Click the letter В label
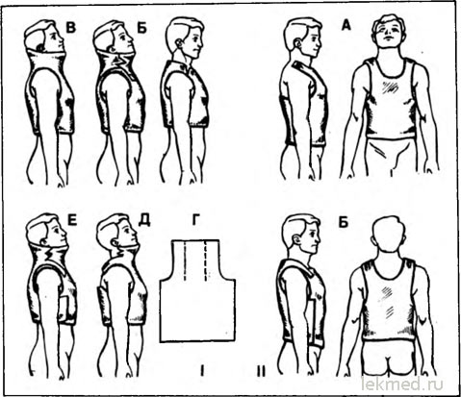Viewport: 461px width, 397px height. (71, 27)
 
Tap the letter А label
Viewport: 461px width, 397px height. (346, 25)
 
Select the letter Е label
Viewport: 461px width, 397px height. (72, 220)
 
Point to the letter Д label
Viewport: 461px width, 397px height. (144, 220)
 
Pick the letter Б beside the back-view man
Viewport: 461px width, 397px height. (343, 222)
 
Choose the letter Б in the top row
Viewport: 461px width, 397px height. (141, 28)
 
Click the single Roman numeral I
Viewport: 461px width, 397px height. (202, 371)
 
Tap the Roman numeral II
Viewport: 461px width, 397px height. (261, 371)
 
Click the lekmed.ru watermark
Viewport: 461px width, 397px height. (401, 384)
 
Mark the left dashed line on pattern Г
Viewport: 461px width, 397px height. (185, 261)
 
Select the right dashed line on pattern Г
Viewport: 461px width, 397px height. (206, 261)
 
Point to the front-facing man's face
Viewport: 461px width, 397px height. (390, 31)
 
